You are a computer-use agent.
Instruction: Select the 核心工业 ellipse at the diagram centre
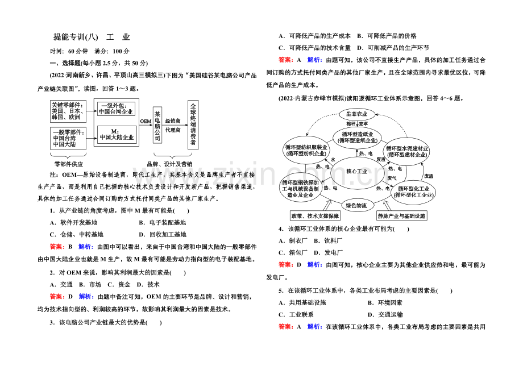click(357, 171)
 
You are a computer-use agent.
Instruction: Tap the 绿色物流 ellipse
click(357, 205)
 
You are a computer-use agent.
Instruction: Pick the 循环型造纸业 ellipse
click(357, 138)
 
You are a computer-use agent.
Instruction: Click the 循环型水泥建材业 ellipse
click(407, 151)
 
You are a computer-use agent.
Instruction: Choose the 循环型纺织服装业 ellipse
click(306, 150)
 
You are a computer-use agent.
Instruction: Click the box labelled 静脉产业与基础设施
click(401, 216)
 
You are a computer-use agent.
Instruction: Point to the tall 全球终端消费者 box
click(193, 124)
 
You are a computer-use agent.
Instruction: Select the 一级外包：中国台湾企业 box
click(117, 109)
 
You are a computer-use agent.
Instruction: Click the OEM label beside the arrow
click(146, 120)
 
